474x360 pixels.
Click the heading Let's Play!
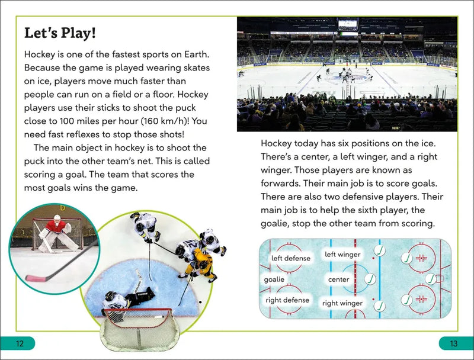(60, 33)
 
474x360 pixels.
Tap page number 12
(20, 343)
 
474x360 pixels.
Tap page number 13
(454, 343)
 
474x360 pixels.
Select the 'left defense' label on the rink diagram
(290, 258)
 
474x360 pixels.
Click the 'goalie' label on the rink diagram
(274, 279)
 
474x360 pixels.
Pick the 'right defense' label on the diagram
(287, 300)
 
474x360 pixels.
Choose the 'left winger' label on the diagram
(342, 255)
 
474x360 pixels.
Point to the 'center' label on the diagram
(338, 279)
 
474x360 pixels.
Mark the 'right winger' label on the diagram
(342, 303)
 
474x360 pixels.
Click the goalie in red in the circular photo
(57, 232)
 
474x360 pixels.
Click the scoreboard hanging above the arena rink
(348, 24)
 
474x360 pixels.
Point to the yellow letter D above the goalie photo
(62, 207)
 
